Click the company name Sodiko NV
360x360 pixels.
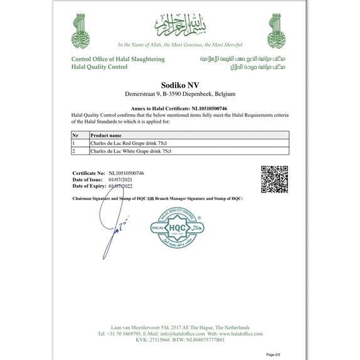click(x=179, y=84)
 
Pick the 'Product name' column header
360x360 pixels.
click(x=106, y=135)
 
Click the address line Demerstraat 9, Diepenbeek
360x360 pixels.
click(x=179, y=94)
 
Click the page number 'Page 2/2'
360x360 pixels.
click(x=274, y=354)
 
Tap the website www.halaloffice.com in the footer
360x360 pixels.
click(x=241, y=334)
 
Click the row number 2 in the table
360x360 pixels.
click(x=74, y=151)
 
